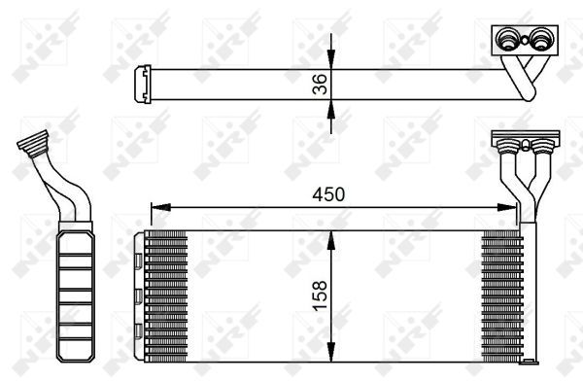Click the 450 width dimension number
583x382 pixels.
pyautogui.click(x=328, y=193)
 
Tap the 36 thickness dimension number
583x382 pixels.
pyautogui.click(x=320, y=85)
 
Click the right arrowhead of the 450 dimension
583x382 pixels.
pyautogui.click(x=512, y=206)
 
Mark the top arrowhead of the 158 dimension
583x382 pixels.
pyautogui.click(x=332, y=237)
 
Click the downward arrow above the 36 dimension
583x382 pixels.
pyautogui.click(x=332, y=58)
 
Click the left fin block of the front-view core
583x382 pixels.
pyautogui.click(x=166, y=295)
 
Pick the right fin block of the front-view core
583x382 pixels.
pyautogui.click(x=502, y=295)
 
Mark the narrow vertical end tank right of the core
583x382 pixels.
pyautogui.click(x=530, y=295)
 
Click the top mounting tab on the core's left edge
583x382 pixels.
pyautogui.click(x=140, y=260)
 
